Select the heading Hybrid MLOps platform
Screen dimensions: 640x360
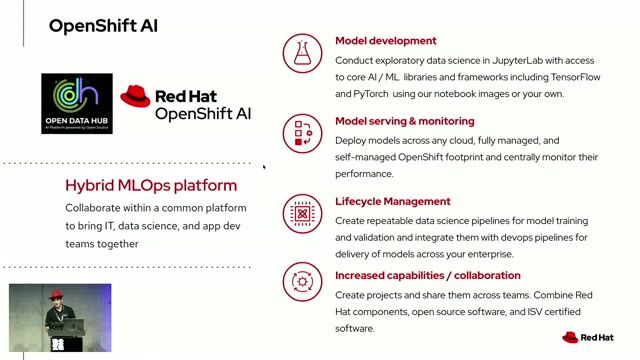pyautogui.click(x=151, y=185)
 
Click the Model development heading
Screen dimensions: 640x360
pyautogui.click(x=385, y=41)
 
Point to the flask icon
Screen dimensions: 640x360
pyautogui.click(x=301, y=52)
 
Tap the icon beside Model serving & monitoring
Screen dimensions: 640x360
pyautogui.click(x=301, y=133)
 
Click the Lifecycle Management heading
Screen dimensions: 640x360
pyautogui.click(x=393, y=201)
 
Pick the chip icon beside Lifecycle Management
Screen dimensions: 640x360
pyautogui.click(x=301, y=213)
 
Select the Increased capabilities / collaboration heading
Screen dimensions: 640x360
pyautogui.click(x=428, y=275)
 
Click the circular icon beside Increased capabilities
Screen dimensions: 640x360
pyautogui.click(x=301, y=283)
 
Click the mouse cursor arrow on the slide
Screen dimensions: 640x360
pyautogui.click(x=264, y=168)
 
